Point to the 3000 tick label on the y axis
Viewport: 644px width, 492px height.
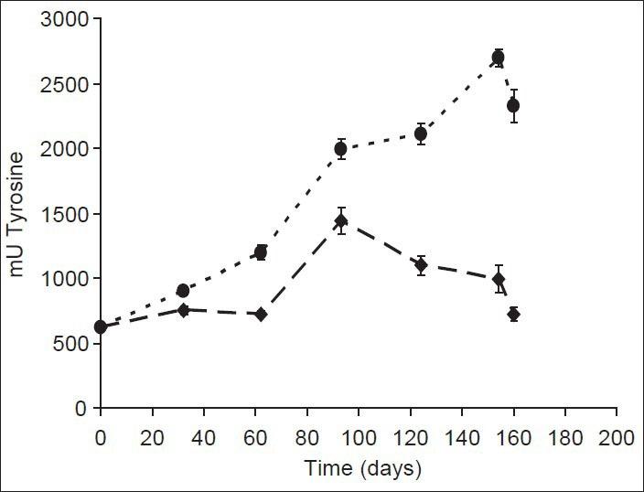67,19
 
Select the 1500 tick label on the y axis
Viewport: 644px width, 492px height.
67,214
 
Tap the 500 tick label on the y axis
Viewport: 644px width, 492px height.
72,344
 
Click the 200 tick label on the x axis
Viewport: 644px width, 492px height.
617,438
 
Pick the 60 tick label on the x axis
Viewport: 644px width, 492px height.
255,438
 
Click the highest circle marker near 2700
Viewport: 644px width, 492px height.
498,58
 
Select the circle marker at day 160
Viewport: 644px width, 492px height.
513,106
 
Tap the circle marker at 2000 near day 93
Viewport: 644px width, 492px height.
340,149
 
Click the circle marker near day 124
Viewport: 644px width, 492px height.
421,134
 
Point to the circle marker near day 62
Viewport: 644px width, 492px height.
261,252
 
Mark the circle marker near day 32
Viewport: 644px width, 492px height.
183,291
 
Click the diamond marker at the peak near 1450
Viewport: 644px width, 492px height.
341,220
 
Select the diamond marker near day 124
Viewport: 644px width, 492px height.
421,265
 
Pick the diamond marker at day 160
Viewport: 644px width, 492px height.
513,314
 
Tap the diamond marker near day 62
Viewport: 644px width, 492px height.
261,314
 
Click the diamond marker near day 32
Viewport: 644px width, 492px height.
183,310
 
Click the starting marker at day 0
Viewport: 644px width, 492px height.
101,326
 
